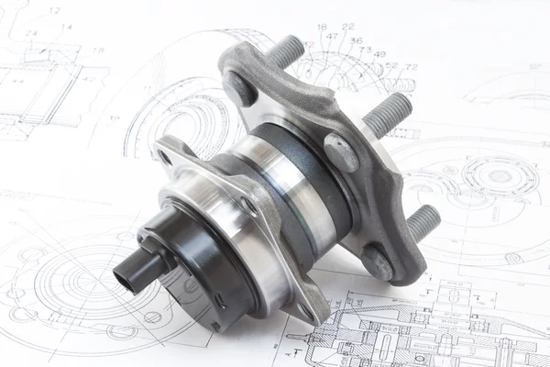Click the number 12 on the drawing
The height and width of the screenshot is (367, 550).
pyautogui.click(x=55, y=11)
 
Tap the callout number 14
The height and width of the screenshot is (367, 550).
pyautogui.click(x=66, y=28)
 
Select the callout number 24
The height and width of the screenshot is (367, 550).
pyautogui.click(x=31, y=33)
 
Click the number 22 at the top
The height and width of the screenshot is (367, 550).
pyautogui.click(x=347, y=27)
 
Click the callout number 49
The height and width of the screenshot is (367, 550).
pyautogui.click(x=379, y=54)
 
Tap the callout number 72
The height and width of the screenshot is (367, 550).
pyautogui.click(x=411, y=67)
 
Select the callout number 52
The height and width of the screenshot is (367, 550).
pyautogui.click(x=391, y=65)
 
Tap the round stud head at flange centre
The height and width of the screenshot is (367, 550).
pyautogui.click(x=340, y=151)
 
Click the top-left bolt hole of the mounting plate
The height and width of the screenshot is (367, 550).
pyautogui.click(x=166, y=157)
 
